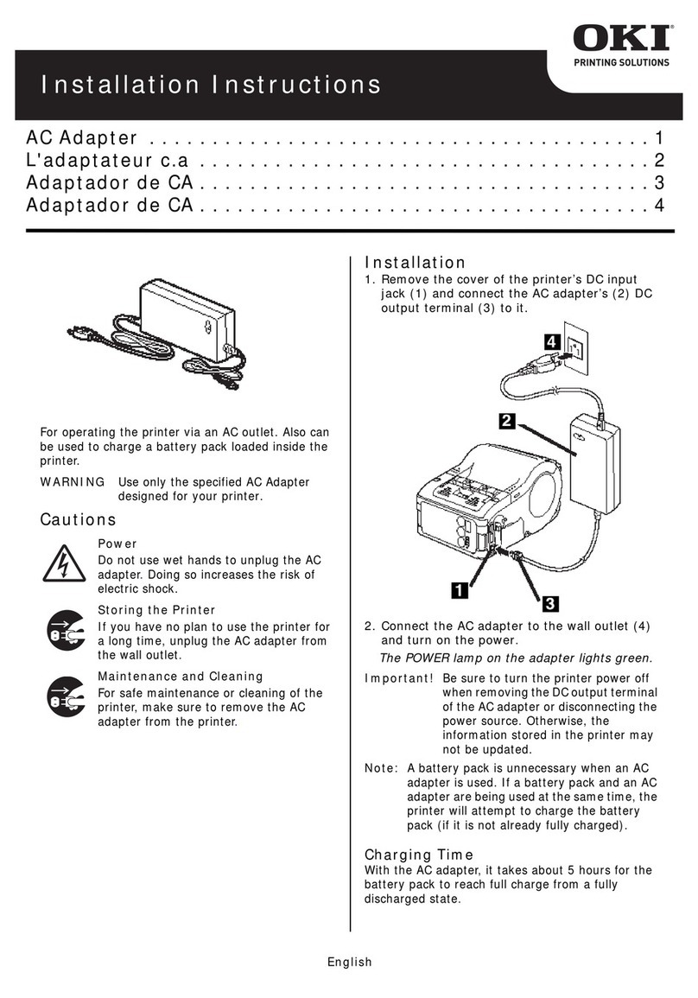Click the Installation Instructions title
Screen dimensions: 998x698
pyautogui.click(x=211, y=85)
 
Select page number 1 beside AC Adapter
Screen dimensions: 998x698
pyautogui.click(x=658, y=137)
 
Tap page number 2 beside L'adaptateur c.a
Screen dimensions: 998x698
pyautogui.click(x=658, y=160)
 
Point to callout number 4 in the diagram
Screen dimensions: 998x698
pyautogui.click(x=549, y=343)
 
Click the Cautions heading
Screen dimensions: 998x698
pyautogui.click(x=78, y=519)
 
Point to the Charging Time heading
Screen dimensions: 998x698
pyautogui.click(x=419, y=854)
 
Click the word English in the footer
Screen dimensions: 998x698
pyautogui.click(x=348, y=962)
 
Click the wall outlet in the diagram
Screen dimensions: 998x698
pyautogui.click(x=574, y=352)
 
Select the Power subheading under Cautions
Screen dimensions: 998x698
pyautogui.click(x=117, y=543)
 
